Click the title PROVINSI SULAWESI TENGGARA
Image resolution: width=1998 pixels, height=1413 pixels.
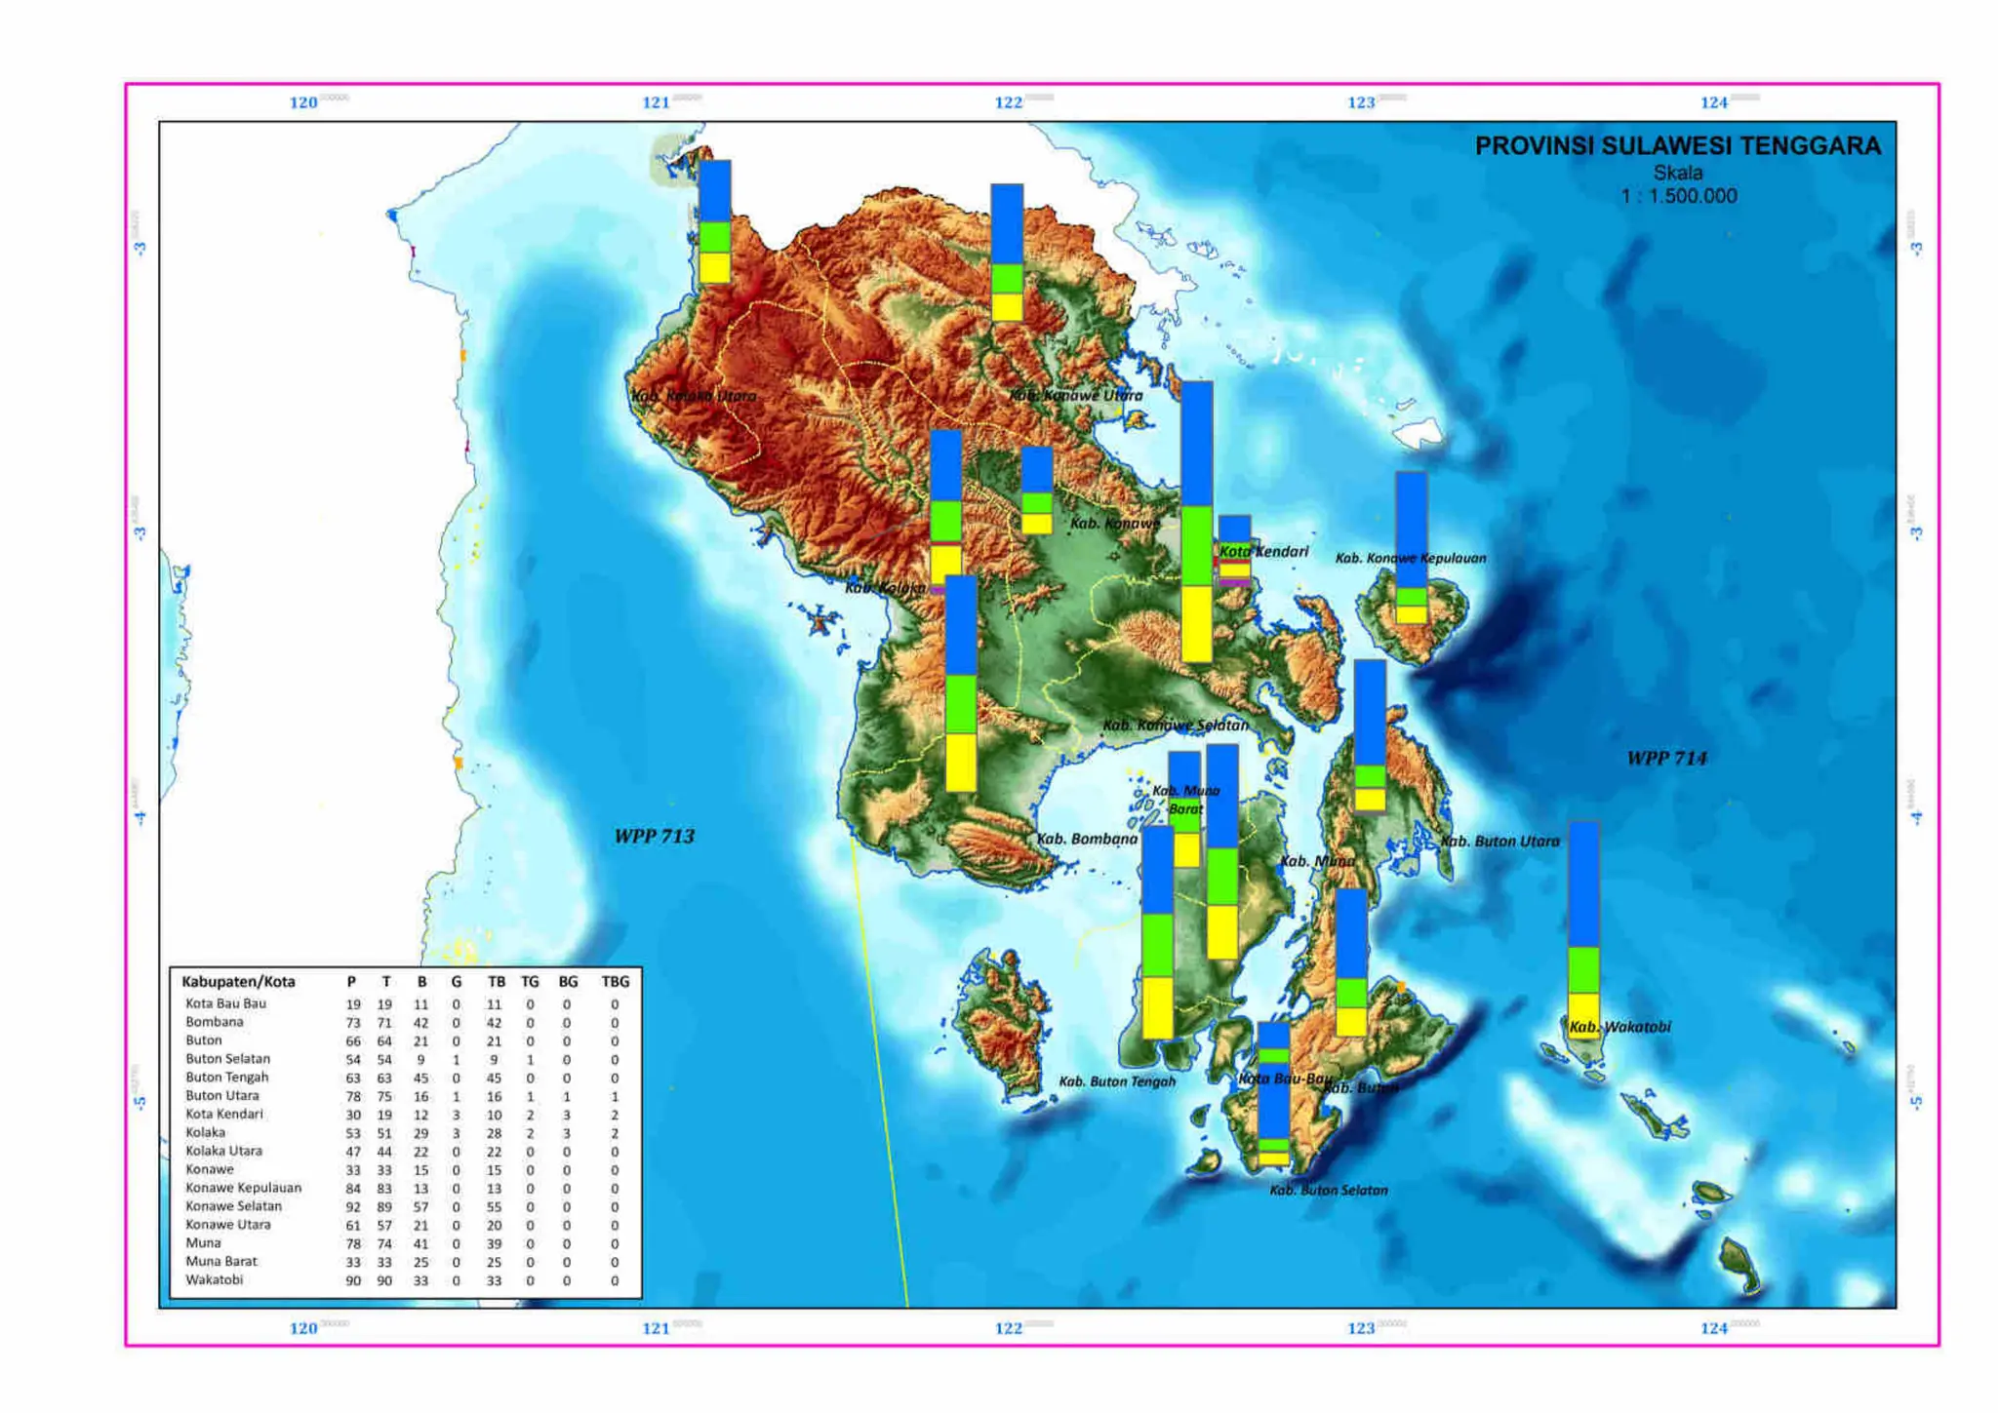1677,146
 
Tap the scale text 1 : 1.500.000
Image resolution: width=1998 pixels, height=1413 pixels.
1678,196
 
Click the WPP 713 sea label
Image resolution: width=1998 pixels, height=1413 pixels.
654,837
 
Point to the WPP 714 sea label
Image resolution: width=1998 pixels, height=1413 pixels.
1666,759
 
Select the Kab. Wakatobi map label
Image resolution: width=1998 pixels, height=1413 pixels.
1619,1027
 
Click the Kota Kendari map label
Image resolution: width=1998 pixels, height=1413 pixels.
1263,552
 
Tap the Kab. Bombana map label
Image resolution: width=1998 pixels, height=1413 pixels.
1087,839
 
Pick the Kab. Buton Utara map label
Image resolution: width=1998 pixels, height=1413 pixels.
1499,841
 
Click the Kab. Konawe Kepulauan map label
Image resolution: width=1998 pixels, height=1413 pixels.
1410,558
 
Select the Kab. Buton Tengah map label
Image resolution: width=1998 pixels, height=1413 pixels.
1117,1081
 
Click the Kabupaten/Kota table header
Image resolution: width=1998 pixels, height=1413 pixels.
238,982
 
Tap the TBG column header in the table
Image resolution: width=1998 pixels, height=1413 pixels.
615,982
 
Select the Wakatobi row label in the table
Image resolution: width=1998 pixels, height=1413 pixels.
215,1279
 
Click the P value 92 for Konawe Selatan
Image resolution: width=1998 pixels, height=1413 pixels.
353,1206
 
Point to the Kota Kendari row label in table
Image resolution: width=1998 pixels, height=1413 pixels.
224,1114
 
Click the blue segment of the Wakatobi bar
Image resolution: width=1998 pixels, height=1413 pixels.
1583,883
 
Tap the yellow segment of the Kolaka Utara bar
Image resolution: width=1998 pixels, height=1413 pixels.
714,267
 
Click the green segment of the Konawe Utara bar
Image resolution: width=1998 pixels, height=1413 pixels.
1007,278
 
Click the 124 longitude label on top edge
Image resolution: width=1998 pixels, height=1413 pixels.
1713,102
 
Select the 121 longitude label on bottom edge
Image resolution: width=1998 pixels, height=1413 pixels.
656,1328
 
